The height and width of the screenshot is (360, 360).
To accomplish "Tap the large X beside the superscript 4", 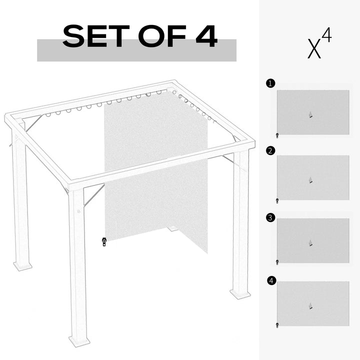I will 313,48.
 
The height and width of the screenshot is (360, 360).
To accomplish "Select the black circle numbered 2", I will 270,150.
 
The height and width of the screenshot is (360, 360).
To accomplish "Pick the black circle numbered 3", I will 270,217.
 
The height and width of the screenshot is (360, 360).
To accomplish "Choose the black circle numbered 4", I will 271,281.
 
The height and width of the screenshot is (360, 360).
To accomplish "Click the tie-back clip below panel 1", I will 277,135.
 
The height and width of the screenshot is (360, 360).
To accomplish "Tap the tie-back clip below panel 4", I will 277,325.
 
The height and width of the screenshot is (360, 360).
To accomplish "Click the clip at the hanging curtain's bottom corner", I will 104,241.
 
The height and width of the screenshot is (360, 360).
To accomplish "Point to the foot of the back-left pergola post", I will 22,265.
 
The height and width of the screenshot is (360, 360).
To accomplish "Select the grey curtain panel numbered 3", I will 312,240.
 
